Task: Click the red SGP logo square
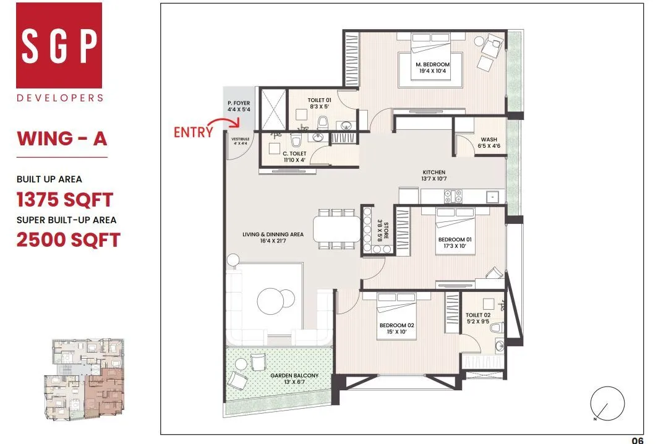click(x=59, y=45)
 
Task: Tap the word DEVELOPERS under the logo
click(x=60, y=98)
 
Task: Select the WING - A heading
click(x=62, y=138)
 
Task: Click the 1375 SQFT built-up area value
click(x=64, y=200)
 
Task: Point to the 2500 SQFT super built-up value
click(x=68, y=240)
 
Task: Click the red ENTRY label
click(x=193, y=132)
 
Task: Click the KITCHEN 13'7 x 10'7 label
click(x=434, y=176)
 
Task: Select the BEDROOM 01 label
click(x=451, y=242)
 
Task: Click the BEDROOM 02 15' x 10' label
click(x=393, y=328)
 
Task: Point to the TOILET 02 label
click(x=477, y=318)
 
